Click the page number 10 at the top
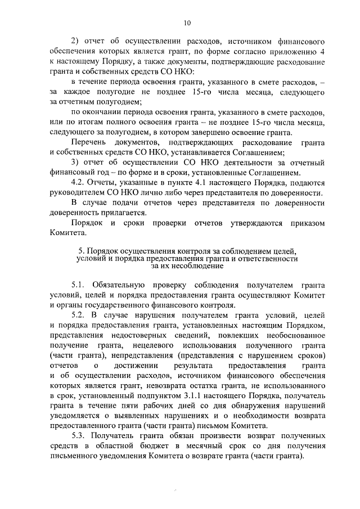point(187,22)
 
